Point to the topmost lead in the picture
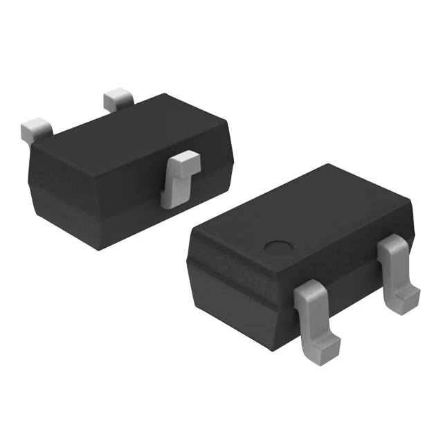coord(118,100)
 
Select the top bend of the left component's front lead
coord(183,163)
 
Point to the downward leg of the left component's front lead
coord(170,190)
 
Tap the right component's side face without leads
coord(228,277)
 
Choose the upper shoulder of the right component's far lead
coord(392,244)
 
